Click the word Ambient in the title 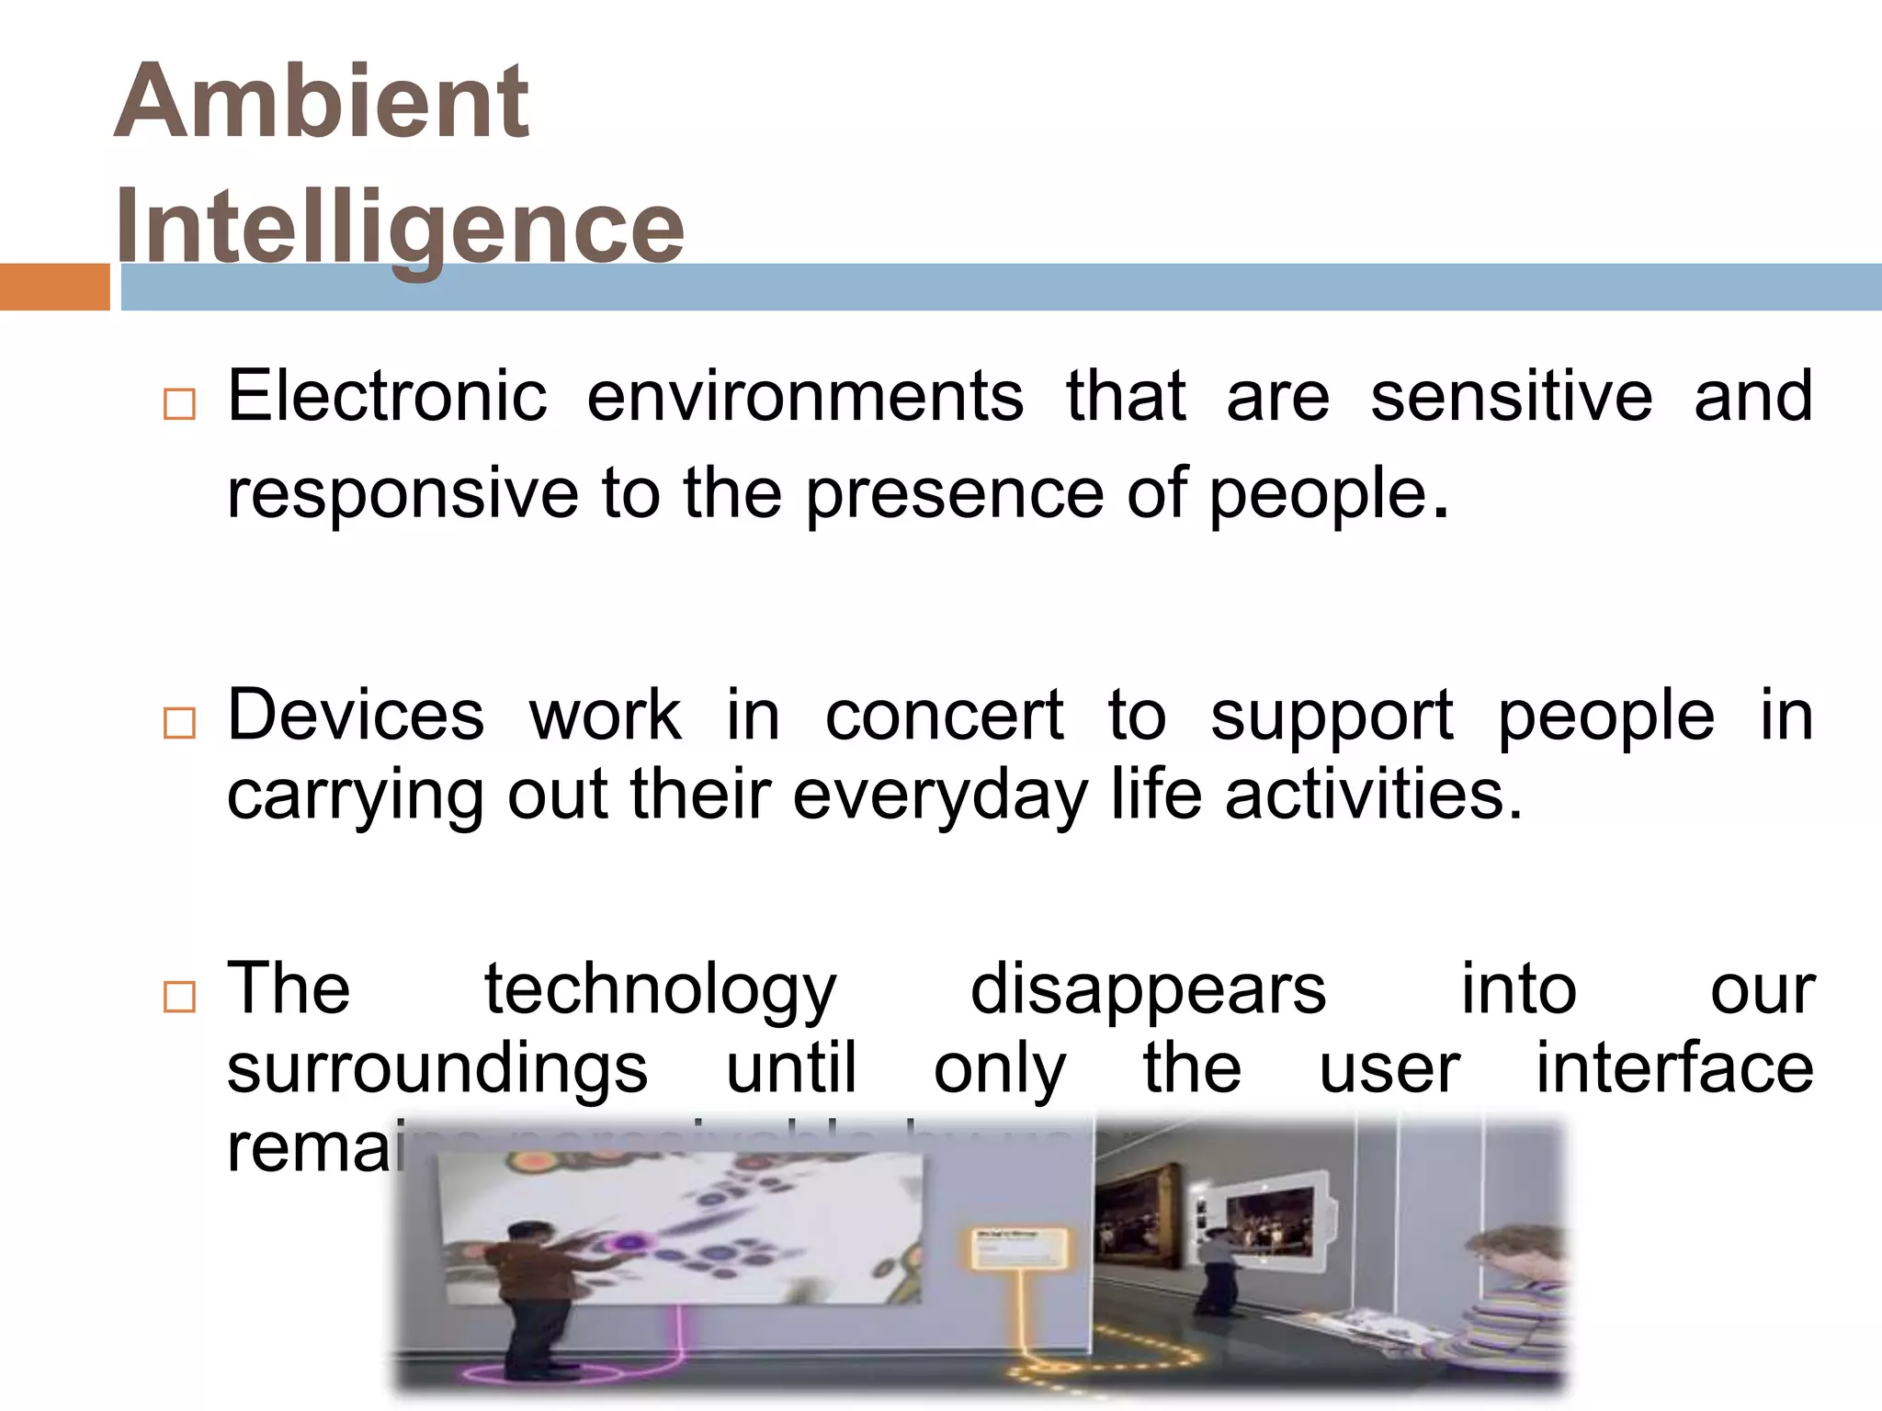321,102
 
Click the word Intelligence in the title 400,226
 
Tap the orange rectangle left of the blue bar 54,287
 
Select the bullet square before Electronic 179,404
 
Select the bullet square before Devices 179,723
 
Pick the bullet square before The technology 179,997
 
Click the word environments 805,397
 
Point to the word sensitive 1512,397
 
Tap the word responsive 402,493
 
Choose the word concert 945,715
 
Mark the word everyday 940,796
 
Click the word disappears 1148,989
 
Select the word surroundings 437,1068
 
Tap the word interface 1674,1068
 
